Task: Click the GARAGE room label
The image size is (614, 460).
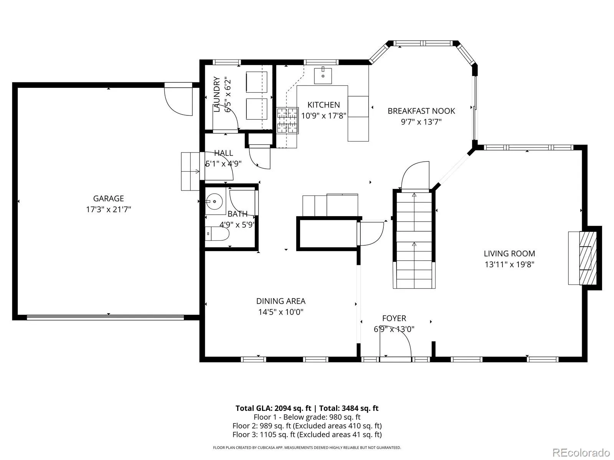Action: coord(108,199)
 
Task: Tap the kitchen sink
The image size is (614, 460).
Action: coord(323,76)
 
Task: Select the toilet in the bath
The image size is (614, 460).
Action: coord(217,234)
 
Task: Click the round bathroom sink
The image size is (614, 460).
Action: coord(214,201)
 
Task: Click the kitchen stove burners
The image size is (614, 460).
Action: coord(287,120)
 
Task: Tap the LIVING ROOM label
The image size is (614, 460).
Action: coord(509,254)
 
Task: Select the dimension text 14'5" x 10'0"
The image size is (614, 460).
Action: coord(281,312)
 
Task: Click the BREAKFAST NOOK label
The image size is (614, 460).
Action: coord(421,111)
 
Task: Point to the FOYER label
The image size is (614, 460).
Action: coord(394,319)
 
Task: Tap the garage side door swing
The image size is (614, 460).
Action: coord(178,99)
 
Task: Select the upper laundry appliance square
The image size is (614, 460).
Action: coord(256,82)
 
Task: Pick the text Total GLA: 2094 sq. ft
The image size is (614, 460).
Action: coord(273,408)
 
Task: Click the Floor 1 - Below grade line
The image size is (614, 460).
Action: coord(307,417)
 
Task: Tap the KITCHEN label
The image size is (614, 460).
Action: coord(324,105)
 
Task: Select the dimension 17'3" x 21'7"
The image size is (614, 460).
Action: coord(108,209)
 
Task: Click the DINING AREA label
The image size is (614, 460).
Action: coord(281,301)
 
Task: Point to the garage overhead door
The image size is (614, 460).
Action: coord(105,317)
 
